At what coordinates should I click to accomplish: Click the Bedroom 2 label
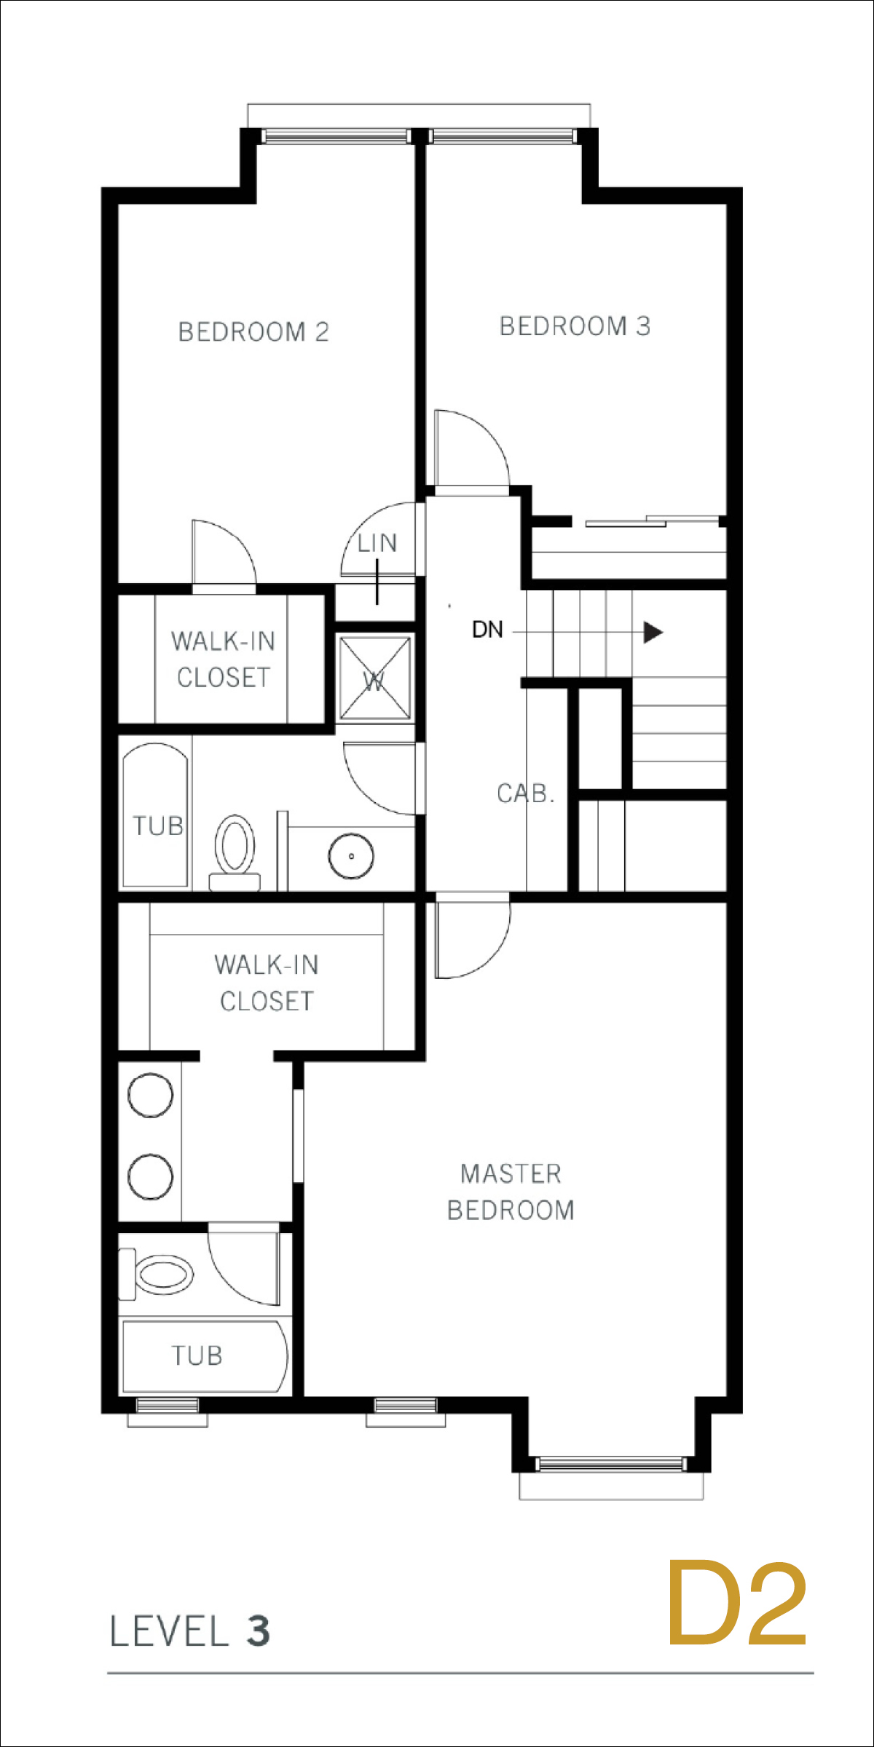coord(253,332)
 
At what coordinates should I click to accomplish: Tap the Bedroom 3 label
coord(575,326)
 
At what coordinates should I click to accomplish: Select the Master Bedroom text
coord(511,1192)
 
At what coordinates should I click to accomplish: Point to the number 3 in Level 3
coord(259,1631)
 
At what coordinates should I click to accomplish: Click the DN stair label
coord(487,630)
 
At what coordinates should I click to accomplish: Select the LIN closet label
coord(377,543)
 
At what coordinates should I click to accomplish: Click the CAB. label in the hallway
coord(526,793)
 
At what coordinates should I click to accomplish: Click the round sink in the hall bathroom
coord(351,856)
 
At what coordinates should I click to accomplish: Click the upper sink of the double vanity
coord(150,1094)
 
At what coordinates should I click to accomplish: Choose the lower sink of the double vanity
coord(150,1176)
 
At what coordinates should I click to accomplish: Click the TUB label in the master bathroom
coord(197,1355)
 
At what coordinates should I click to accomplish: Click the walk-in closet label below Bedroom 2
coord(223,659)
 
